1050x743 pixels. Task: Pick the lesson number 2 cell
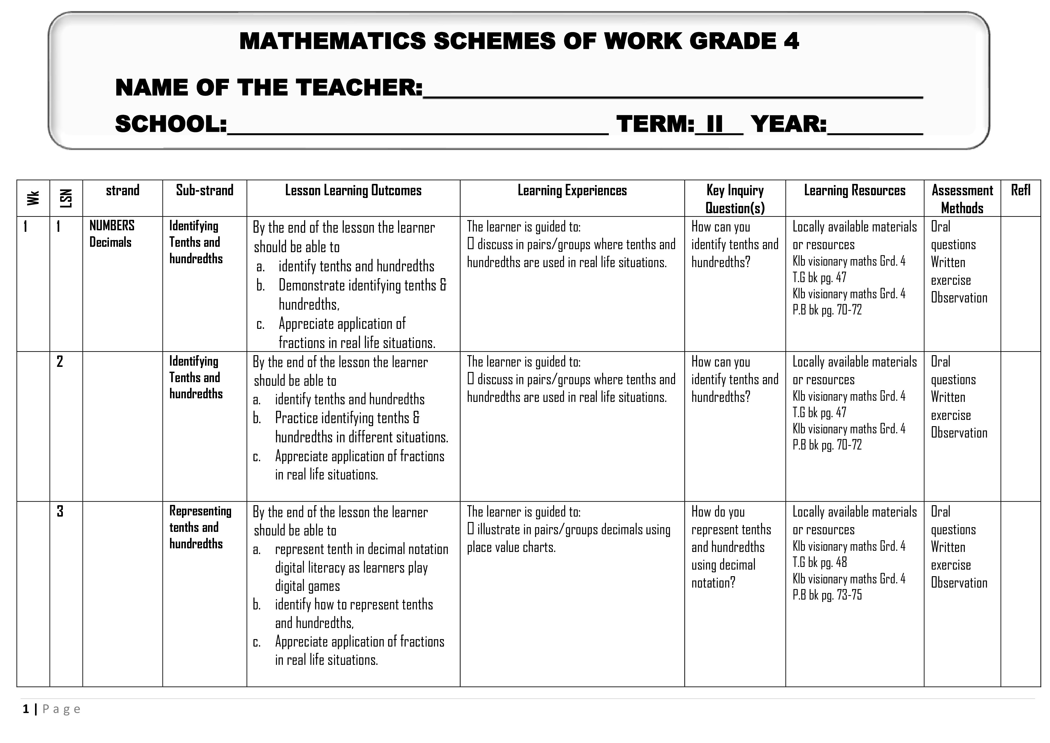[x=60, y=362]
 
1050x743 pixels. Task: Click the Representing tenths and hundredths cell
[x=200, y=527]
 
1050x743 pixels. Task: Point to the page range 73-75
[x=849, y=595]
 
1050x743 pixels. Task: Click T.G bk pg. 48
[x=820, y=562]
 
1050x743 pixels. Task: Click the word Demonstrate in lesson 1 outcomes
[x=312, y=285]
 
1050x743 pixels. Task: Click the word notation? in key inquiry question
[x=713, y=583]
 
